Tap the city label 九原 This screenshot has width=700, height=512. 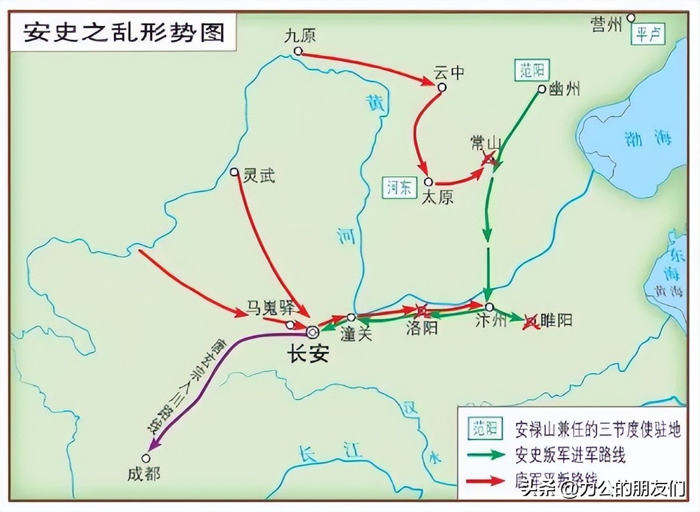click(300, 36)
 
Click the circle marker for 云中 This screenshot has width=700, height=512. click(441, 87)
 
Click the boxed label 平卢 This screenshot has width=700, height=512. click(649, 35)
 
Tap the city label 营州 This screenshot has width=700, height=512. click(606, 25)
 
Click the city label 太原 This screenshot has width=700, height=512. click(437, 196)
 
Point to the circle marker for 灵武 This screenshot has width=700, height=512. click(235, 172)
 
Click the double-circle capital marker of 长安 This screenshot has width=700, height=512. click(312, 331)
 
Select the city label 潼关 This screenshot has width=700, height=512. click(356, 334)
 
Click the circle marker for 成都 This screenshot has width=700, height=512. click(146, 458)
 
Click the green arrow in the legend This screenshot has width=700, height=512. click(486, 455)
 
